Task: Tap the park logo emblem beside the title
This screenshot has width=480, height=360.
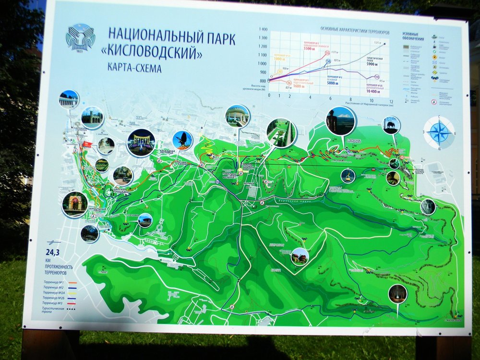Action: (x=80, y=37)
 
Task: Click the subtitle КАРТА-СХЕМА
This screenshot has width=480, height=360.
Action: (x=135, y=68)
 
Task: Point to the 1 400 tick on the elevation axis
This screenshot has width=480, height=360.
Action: (x=263, y=29)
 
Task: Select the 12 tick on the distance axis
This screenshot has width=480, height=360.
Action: (x=392, y=101)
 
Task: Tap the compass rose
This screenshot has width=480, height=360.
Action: (x=439, y=132)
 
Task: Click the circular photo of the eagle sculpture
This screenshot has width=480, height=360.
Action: (x=182, y=140)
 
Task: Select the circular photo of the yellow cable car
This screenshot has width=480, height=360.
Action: (x=348, y=176)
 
